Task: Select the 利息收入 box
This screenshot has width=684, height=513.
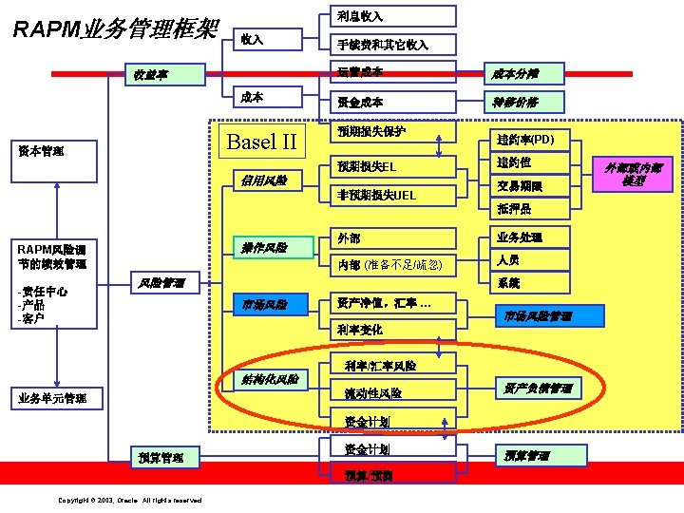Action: (x=392, y=16)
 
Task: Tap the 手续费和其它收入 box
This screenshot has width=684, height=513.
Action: (x=392, y=44)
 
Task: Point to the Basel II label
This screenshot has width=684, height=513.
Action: (x=262, y=142)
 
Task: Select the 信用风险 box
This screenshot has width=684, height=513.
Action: (x=266, y=181)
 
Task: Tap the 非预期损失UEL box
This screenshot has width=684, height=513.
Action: (x=391, y=196)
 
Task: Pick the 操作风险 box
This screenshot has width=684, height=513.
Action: (x=266, y=248)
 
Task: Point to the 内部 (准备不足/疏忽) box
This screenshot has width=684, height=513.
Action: (x=391, y=263)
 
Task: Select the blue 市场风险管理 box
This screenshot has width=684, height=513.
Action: (x=538, y=315)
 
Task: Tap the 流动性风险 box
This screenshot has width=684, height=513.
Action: (x=391, y=392)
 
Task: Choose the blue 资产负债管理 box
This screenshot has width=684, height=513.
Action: (x=538, y=389)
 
